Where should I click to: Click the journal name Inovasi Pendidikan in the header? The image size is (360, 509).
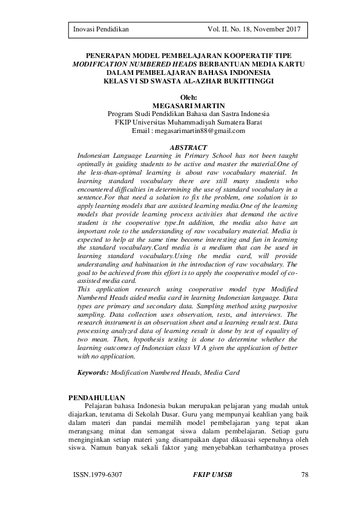coord(101,29)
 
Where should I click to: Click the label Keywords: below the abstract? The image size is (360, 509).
coord(93,374)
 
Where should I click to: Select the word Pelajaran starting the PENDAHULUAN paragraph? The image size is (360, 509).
coord(100,406)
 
